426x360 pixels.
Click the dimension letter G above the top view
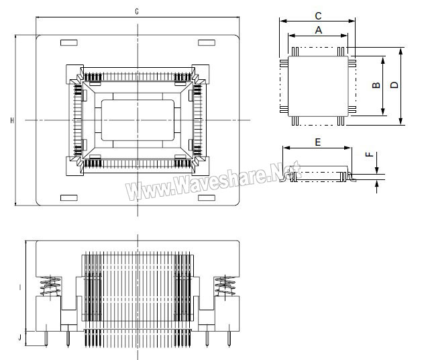(137, 11)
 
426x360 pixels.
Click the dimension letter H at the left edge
(12, 120)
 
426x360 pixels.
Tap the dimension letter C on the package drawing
(318, 15)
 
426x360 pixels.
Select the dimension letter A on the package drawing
(319, 30)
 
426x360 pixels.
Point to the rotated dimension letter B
(376, 85)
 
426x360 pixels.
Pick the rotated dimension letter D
(394, 85)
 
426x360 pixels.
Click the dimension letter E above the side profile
(317, 142)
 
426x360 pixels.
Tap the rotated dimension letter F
(369, 154)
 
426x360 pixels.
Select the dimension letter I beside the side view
(20, 287)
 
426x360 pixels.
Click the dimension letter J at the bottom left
(20, 338)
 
